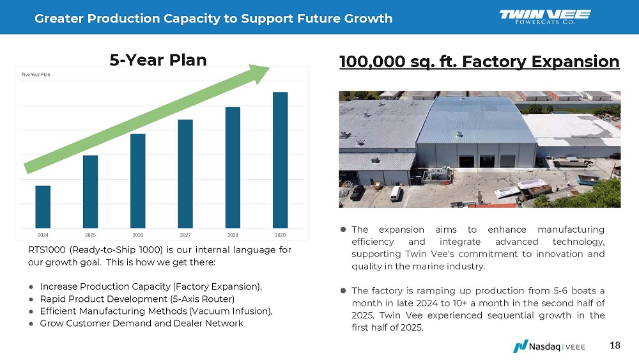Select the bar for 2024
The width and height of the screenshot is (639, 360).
[43, 207]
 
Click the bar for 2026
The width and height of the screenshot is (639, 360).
[137, 180]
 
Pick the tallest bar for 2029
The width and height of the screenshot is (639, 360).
[280, 160]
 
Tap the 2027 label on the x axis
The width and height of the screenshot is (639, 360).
[185, 235]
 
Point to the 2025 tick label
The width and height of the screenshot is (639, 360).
[90, 235]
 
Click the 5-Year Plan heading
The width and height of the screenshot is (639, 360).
[158, 60]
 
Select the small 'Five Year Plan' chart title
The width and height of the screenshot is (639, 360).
[36, 75]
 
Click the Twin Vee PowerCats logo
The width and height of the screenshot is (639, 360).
[544, 17]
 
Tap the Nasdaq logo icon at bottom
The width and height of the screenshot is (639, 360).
[520, 347]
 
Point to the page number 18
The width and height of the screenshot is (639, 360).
[615, 346]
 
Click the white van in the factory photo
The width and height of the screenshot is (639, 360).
[396, 192]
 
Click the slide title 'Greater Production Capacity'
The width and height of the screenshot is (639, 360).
[213, 18]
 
